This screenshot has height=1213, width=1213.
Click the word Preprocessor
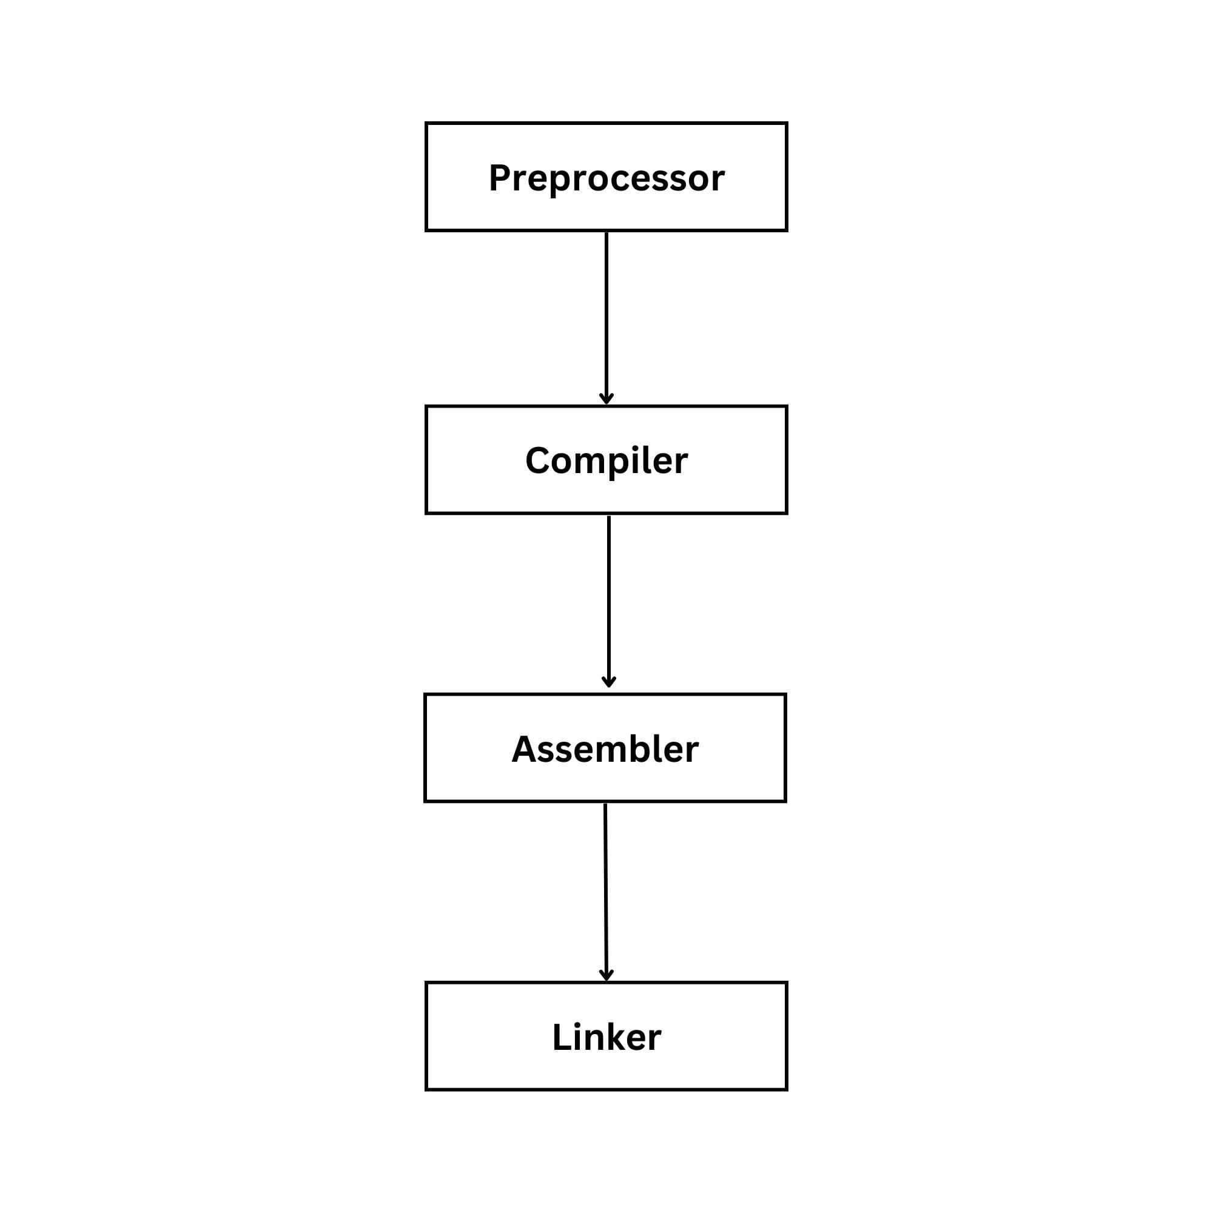tap(606, 178)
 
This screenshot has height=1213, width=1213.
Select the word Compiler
tap(606, 462)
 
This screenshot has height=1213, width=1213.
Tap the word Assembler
tap(605, 750)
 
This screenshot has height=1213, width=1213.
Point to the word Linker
tap(606, 1037)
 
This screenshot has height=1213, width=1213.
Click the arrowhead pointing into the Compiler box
tap(606, 399)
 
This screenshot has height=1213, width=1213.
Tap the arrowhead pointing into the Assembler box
tap(608, 682)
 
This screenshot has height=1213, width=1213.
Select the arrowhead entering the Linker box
tap(606, 976)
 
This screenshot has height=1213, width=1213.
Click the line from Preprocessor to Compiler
tap(606, 314)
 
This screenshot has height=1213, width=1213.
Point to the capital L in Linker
tap(560, 1037)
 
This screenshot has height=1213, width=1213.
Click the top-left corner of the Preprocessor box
tap(427, 124)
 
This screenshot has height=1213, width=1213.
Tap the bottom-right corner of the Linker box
tap(786, 1089)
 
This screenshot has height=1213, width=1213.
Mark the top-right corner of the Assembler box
tap(785, 695)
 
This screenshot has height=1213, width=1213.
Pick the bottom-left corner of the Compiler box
tap(427, 513)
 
